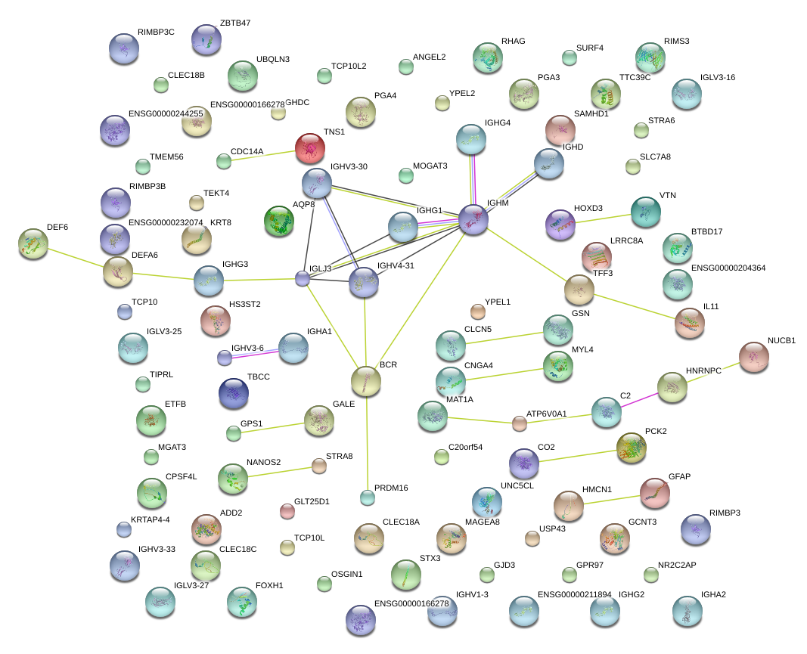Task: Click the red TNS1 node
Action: click(309, 148)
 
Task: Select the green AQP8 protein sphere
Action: click(279, 222)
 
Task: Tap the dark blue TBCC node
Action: click(234, 392)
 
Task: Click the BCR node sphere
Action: click(366, 380)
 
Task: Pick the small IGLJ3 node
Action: click(303, 279)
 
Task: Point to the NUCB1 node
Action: click(753, 357)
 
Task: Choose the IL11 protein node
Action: click(690, 323)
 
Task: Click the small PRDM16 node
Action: click(367, 497)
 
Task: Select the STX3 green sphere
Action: click(406, 575)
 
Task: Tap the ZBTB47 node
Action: click(206, 40)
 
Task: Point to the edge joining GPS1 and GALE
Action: click(272, 426)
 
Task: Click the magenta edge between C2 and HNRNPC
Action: click(639, 399)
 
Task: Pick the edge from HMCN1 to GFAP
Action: click(613, 500)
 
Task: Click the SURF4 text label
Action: click(590, 48)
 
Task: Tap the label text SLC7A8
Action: click(655, 157)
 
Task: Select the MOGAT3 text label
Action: click(430, 166)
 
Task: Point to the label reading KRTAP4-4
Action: click(151, 519)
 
